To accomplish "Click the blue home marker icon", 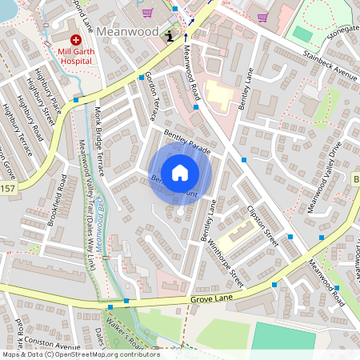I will click(x=180, y=172).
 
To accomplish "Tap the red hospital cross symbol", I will click(x=76, y=38).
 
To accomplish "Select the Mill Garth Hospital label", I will click(x=76, y=54).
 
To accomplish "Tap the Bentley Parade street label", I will click(x=186, y=140).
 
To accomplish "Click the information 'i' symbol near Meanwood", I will click(x=169, y=36).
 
